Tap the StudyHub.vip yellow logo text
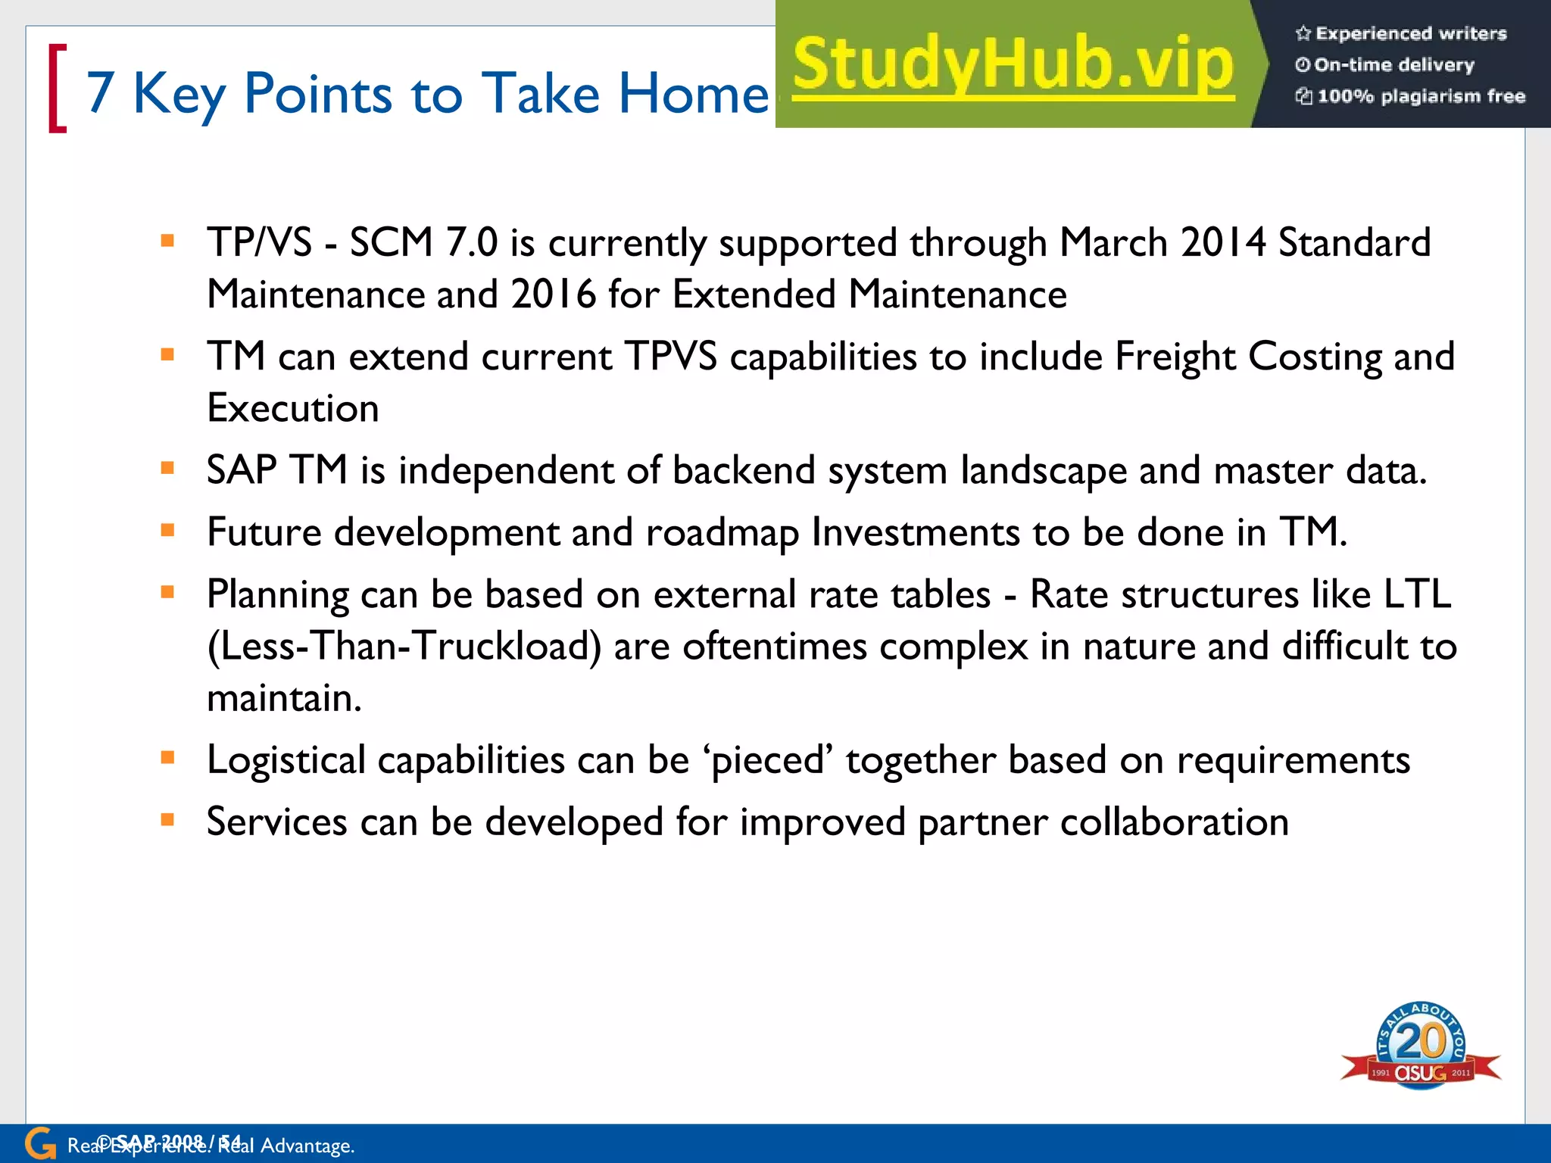(1013, 64)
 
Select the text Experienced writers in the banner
(1410, 33)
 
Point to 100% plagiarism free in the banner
(1420, 96)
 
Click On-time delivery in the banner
(1393, 65)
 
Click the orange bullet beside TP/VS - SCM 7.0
(168, 242)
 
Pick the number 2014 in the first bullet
(1222, 243)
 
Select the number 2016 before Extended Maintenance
(553, 295)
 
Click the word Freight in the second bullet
(1175, 357)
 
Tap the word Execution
(293, 409)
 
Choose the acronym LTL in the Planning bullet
(1417, 594)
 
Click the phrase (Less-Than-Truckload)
(404, 647)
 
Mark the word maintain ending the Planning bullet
(284, 698)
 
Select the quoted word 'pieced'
(767, 760)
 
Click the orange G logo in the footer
(40, 1143)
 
